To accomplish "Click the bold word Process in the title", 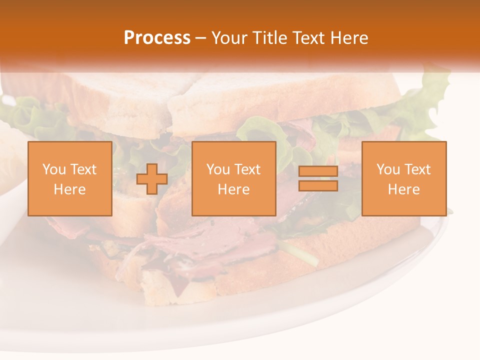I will pos(157,38).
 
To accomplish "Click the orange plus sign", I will pos(152,179).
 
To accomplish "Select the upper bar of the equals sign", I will pos(318,171).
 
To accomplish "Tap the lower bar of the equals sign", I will pos(318,186).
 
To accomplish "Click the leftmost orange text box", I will pos(70,178).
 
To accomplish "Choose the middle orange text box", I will pos(233,178).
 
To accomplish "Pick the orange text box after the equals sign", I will pos(403,178).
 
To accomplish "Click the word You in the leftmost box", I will pos(53,169).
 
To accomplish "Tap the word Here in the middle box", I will pos(233,189).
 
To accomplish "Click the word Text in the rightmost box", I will pos(417,169).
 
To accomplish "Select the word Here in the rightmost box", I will pos(403,189).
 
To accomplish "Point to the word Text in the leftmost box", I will pos(83,169).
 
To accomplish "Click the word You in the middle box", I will pos(217,169).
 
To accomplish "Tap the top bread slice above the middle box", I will pos(235,100).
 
